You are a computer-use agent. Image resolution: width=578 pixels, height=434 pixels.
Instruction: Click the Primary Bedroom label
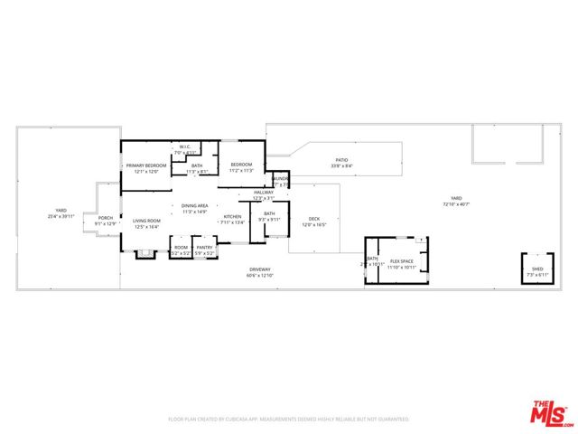(146, 165)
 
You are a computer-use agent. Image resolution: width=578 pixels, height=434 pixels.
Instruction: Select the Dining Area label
(195, 206)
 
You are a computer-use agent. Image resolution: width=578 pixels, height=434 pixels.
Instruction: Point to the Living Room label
(146, 221)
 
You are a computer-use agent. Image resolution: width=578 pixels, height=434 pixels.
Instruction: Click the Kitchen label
(232, 216)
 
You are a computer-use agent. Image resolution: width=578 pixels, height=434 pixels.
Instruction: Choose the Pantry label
(205, 247)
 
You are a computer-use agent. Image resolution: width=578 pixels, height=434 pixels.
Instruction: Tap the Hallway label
(263, 192)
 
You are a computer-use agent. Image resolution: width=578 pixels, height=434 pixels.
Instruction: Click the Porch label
(106, 217)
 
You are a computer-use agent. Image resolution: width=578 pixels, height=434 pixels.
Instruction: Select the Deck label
(314, 218)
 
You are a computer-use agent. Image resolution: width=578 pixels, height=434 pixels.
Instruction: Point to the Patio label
(342, 160)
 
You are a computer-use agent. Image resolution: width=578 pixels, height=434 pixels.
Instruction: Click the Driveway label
(259, 269)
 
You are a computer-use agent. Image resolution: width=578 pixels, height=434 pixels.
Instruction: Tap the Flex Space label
(401, 261)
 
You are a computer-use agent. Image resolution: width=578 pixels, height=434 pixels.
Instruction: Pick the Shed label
(537, 269)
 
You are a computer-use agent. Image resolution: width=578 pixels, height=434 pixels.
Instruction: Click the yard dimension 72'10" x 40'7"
(456, 204)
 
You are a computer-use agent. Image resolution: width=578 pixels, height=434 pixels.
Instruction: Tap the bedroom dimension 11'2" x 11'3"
(241, 170)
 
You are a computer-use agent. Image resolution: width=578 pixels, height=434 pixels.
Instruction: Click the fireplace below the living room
(144, 253)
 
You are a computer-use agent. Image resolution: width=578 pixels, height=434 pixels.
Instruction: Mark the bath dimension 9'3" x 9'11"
(269, 219)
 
